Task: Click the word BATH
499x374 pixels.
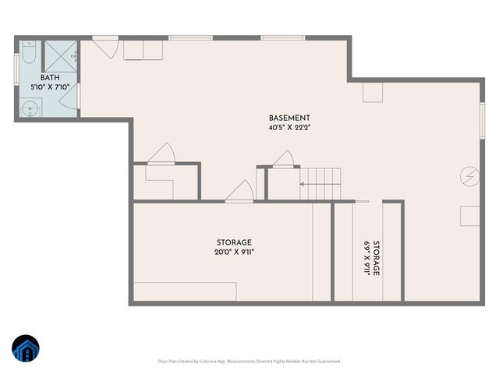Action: (50, 77)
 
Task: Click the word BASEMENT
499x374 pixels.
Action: (289, 118)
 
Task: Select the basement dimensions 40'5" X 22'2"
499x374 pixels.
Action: (289, 128)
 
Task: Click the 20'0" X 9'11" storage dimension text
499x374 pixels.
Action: (234, 252)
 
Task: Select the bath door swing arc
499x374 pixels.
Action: (74, 100)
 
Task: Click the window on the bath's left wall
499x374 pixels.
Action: (17, 68)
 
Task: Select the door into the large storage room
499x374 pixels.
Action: (239, 193)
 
